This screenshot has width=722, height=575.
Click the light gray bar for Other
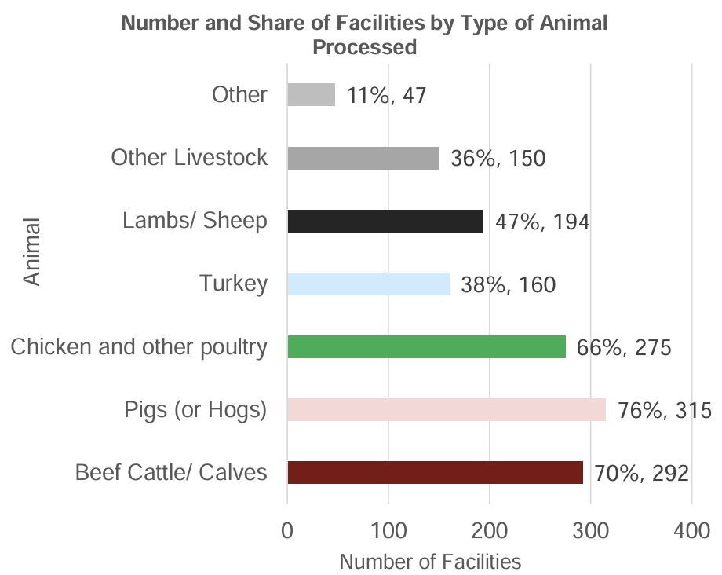312,95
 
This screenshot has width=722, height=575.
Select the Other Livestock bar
363,158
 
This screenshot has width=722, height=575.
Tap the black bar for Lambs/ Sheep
385,221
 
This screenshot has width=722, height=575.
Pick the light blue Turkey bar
368,284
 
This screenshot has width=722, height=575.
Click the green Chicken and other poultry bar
426,346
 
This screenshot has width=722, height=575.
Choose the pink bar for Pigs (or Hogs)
447,409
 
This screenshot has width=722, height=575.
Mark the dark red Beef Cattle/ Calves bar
435,472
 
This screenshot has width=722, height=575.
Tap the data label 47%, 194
542,222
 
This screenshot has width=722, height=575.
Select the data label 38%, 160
509,284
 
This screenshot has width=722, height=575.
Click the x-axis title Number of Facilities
430,562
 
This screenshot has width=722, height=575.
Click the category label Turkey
233,284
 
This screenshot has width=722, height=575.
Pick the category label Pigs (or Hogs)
195,410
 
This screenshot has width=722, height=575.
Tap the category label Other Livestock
189,158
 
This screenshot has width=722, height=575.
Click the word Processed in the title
364,46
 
